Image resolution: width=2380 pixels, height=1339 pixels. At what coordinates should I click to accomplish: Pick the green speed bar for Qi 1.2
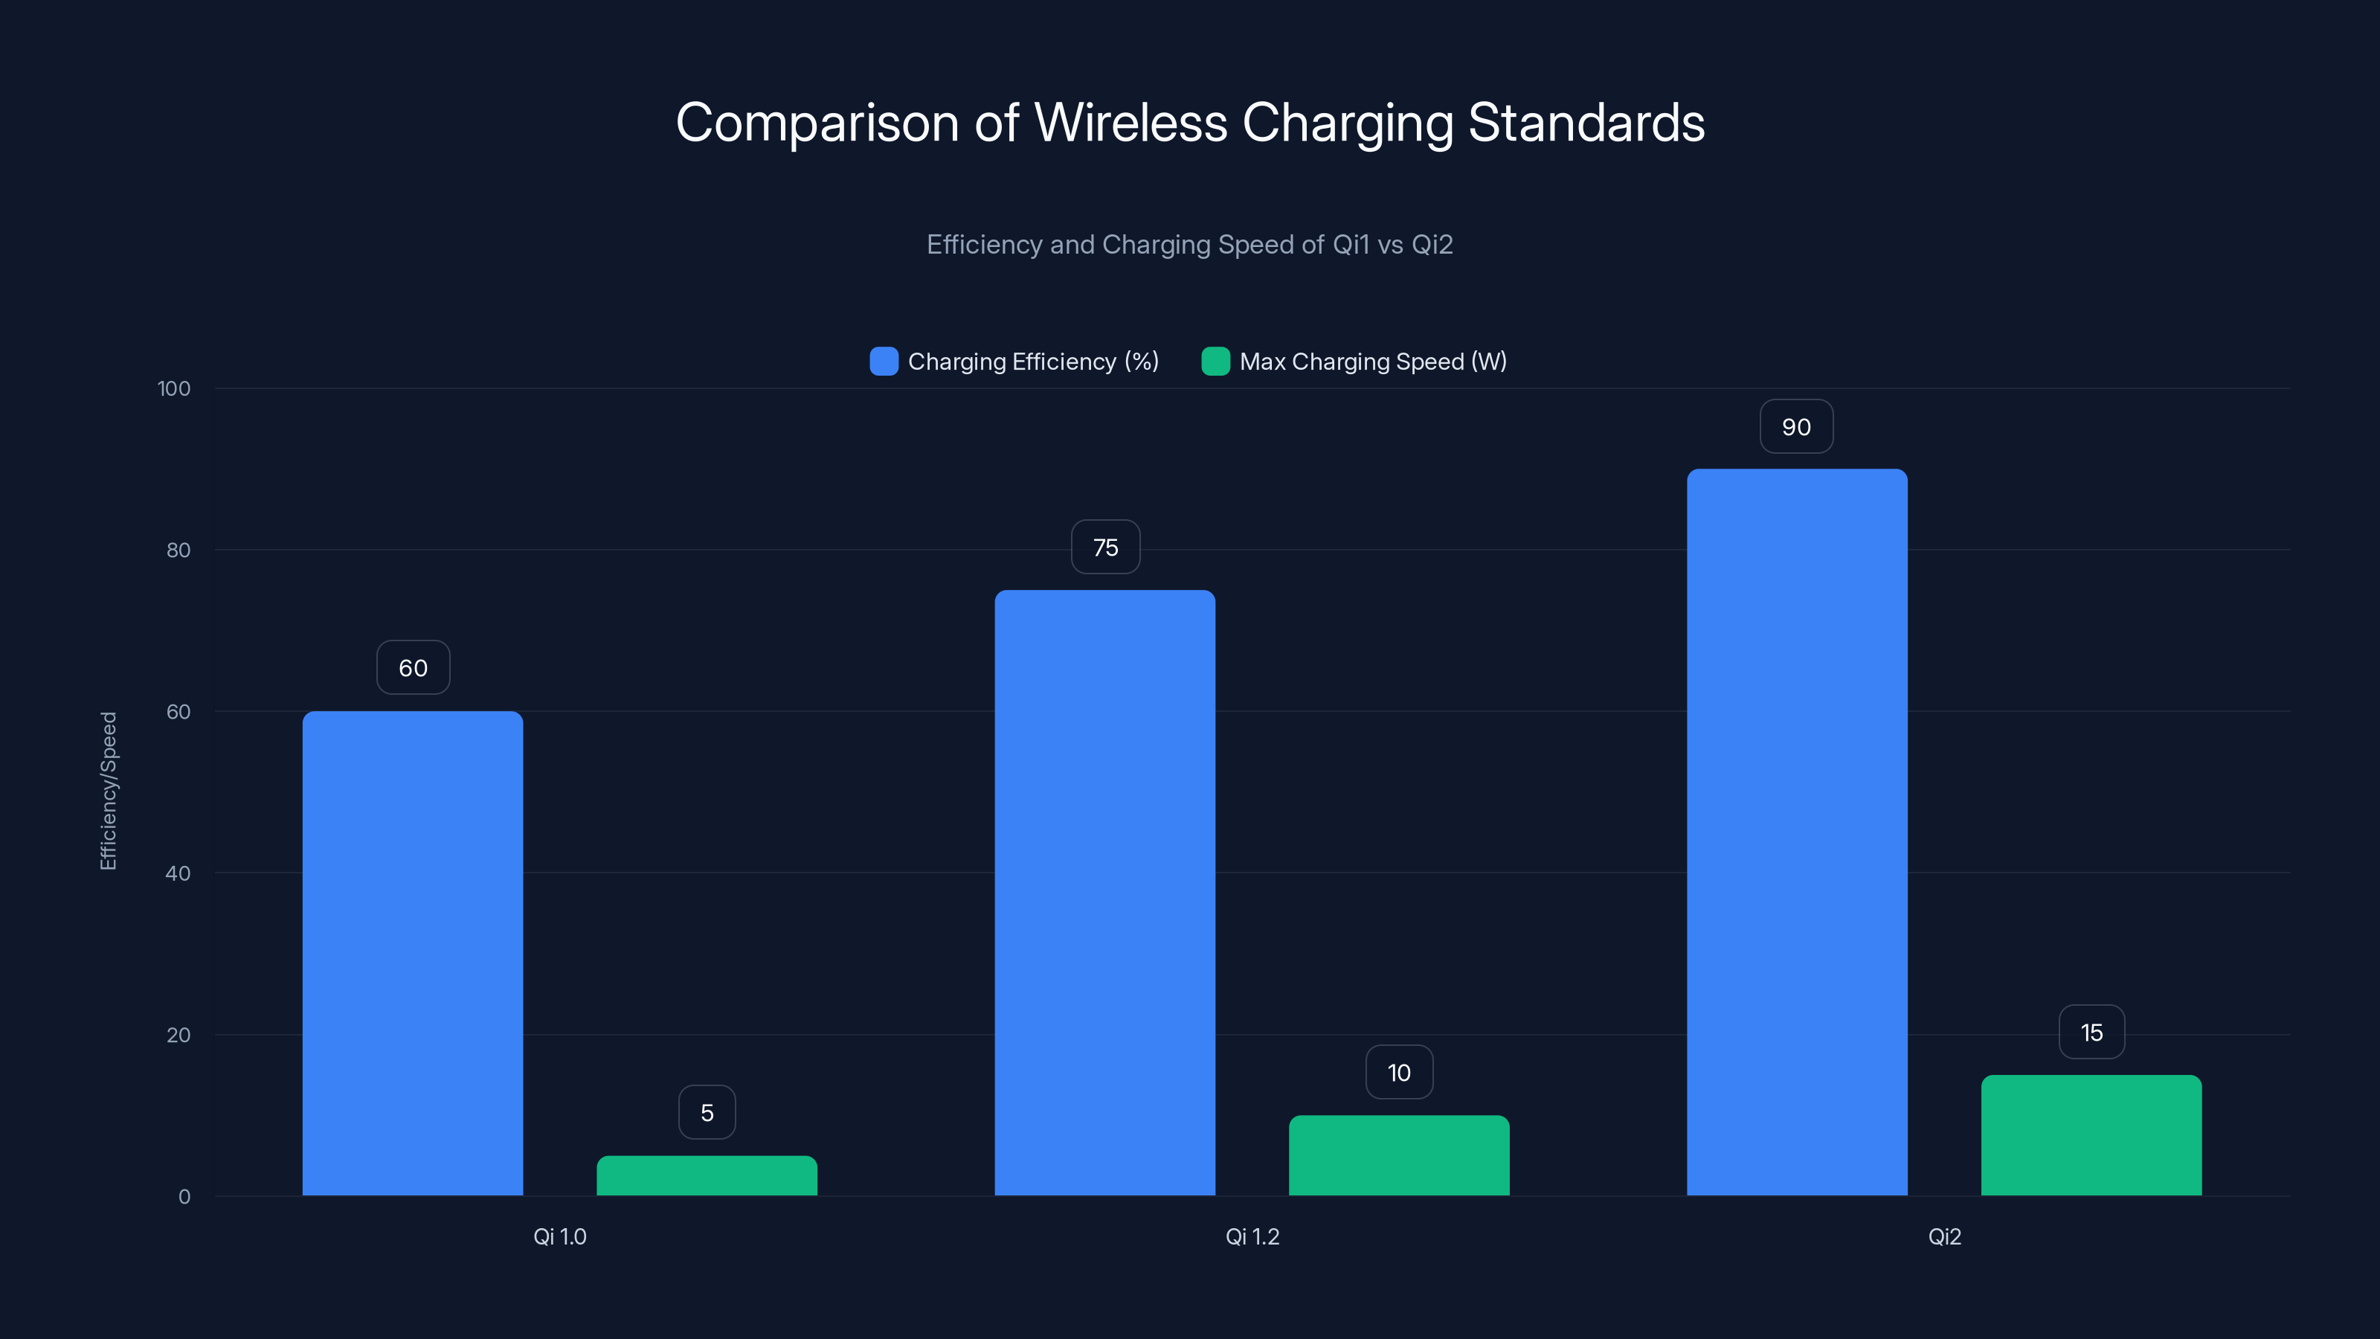[1399, 1155]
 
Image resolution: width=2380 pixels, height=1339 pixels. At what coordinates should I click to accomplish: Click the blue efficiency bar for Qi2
[1797, 832]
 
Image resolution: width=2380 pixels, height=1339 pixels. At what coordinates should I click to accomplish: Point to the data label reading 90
[1796, 427]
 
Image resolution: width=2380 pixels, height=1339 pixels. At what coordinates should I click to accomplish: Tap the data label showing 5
[707, 1113]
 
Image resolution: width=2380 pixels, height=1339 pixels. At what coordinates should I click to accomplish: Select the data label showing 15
[2091, 1033]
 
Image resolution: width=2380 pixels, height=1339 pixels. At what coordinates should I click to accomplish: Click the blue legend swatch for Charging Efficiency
[884, 362]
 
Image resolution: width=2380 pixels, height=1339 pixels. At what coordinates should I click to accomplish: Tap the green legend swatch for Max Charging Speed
[1215, 362]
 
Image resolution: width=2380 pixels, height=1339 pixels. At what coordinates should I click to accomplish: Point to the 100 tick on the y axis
[174, 389]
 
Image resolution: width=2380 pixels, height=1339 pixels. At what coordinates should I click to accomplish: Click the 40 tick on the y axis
[178, 873]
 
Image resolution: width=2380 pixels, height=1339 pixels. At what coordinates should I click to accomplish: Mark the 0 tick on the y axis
[184, 1197]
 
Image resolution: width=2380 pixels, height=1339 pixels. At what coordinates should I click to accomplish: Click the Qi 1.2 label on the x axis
[1252, 1236]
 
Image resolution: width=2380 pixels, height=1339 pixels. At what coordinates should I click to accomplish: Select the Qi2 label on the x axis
[1944, 1236]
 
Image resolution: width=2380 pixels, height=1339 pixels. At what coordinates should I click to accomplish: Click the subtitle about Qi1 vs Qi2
[1189, 245]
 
